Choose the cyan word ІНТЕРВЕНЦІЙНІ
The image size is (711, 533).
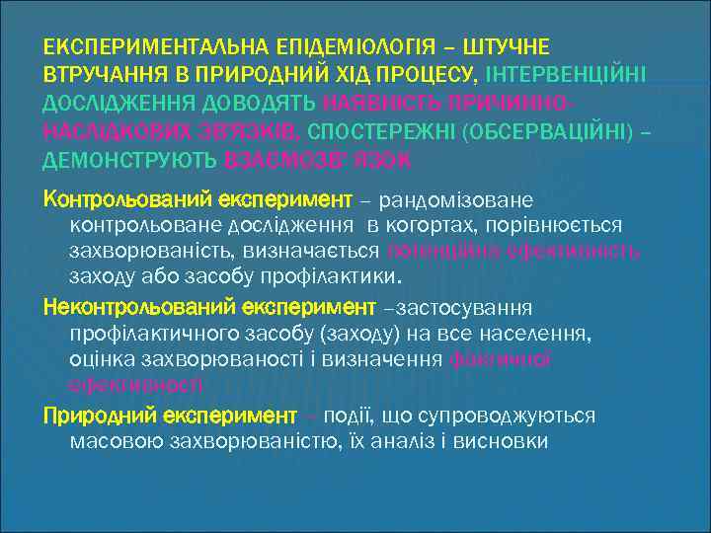[x=570, y=75]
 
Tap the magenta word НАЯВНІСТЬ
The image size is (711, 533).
[x=380, y=103]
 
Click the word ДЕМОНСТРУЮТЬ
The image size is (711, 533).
[x=130, y=158]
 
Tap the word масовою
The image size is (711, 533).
[x=117, y=439]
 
